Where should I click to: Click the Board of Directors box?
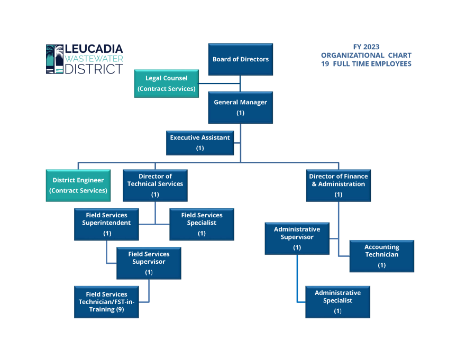[241, 59]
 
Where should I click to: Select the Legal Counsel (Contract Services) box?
[166, 84]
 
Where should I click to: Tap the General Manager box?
[241, 107]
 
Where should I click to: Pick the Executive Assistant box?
[200, 143]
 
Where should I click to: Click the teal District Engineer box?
[78, 185]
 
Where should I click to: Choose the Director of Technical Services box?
[155, 185]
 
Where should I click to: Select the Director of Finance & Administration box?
[339, 185]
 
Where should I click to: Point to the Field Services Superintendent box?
[106, 224]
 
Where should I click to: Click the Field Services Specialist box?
[202, 224]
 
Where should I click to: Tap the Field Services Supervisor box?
[149, 263]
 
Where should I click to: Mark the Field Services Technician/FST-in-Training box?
[106, 302]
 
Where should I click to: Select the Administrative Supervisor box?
[297, 238]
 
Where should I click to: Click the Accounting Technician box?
[381, 256]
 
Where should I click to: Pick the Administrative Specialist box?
[337, 302]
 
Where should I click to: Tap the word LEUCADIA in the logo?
[94, 49]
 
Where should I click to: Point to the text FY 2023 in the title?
[366, 47]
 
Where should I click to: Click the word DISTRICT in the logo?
[94, 69]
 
